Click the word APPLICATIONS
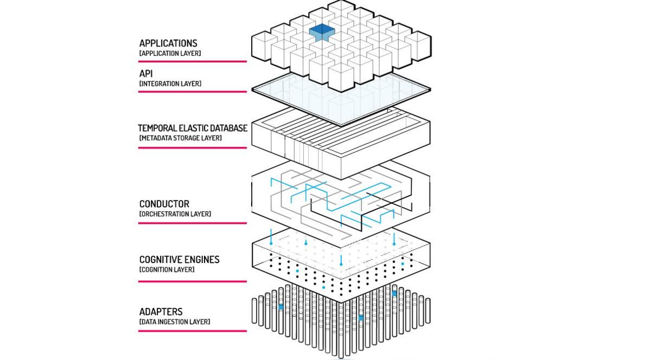(168, 43)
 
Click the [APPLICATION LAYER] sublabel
(170, 54)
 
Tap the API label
(147, 74)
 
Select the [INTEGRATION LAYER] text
(170, 84)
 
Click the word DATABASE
(228, 128)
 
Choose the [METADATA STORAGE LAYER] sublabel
(180, 138)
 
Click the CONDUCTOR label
(164, 204)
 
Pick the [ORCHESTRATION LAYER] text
(175, 214)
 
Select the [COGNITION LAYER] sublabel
(167, 269)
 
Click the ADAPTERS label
(161, 312)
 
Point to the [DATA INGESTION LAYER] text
(175, 322)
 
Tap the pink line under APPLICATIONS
(193, 61)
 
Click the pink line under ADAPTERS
(193, 331)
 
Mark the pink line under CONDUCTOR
(193, 223)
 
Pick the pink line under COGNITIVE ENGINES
(193, 281)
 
